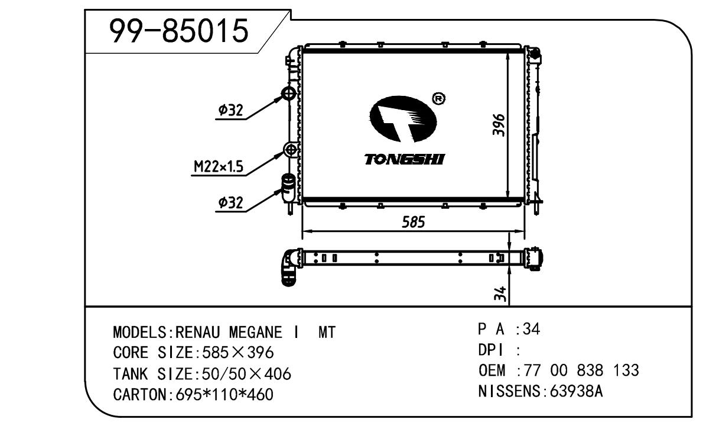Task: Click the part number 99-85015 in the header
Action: [x=179, y=30]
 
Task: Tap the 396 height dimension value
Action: [x=499, y=125]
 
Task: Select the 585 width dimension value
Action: [x=414, y=222]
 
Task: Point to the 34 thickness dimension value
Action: [x=500, y=294]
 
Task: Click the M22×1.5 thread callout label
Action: [x=219, y=166]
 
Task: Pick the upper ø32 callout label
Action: [x=230, y=109]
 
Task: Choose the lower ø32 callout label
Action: [x=230, y=202]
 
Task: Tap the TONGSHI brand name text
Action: [x=404, y=159]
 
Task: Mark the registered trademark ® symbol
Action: [x=438, y=98]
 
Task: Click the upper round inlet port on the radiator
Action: [x=288, y=94]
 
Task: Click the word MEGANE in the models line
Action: [x=255, y=333]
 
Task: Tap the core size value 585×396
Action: [x=237, y=352]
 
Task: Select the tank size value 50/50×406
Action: [x=247, y=373]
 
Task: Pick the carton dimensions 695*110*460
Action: [x=225, y=394]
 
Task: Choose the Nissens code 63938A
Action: [x=576, y=391]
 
